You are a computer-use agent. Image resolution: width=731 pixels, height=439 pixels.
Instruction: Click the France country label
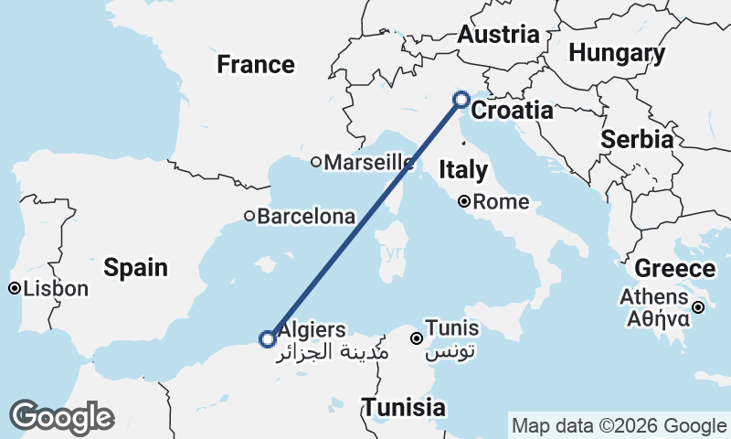(x=256, y=65)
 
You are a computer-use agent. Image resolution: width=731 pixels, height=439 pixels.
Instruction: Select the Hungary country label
(x=617, y=53)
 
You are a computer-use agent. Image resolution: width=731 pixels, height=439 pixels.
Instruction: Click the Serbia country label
(x=637, y=140)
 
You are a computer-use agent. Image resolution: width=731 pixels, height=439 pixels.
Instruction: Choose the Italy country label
(x=463, y=169)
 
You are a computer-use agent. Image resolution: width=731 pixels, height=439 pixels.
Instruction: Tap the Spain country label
(x=135, y=268)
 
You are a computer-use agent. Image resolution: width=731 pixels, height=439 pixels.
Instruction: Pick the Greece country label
(x=674, y=269)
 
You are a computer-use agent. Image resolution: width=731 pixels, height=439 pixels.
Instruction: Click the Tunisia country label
(x=403, y=408)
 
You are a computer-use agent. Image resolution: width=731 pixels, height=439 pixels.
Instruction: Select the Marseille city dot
(x=316, y=163)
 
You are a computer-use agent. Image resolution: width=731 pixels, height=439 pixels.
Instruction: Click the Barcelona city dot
(x=249, y=217)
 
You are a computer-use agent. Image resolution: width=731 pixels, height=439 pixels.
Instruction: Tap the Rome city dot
(x=464, y=202)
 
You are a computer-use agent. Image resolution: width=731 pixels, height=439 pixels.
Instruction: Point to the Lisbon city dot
(x=15, y=289)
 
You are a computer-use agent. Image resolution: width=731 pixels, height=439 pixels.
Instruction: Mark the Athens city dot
(x=697, y=308)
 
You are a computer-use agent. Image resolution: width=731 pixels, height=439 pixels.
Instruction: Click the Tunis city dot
(x=417, y=338)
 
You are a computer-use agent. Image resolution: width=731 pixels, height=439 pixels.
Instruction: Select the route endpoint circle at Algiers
(x=267, y=339)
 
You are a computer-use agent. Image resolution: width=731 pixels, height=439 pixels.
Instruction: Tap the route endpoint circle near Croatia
(x=461, y=99)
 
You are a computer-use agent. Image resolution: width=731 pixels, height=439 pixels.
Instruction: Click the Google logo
(x=61, y=417)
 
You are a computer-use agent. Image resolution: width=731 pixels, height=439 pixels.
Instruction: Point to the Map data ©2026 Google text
(x=619, y=426)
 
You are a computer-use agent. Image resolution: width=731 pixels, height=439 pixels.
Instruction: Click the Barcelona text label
(x=306, y=218)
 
